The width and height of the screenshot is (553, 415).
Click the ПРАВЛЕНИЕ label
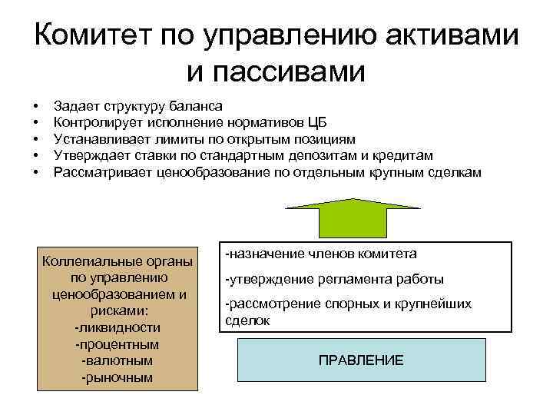pos(360,360)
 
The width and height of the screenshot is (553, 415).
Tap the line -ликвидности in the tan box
pos(118,327)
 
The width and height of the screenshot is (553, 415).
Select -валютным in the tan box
pos(118,360)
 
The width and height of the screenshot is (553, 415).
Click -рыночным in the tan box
pos(118,377)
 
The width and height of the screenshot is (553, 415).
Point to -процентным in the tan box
pos(118,344)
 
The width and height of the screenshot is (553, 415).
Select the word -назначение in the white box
pos(258,253)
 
